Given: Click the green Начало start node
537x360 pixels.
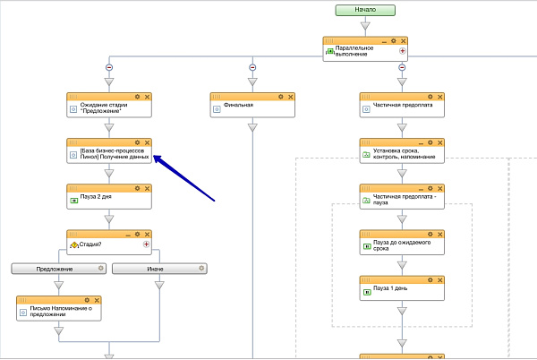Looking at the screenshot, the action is click(x=365, y=10).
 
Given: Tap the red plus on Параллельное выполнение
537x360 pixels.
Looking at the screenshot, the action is click(x=403, y=51).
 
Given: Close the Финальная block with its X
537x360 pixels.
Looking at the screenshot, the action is click(x=290, y=97).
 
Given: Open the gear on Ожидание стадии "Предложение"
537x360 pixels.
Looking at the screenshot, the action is click(x=137, y=97).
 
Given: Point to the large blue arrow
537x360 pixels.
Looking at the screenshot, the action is click(x=183, y=178).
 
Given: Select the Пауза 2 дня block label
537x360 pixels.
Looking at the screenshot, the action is click(x=96, y=197).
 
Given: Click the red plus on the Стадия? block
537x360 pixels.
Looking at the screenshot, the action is click(x=146, y=244).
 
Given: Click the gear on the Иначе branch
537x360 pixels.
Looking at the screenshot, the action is click(x=201, y=268).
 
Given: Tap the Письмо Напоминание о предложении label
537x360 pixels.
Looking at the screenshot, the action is click(x=61, y=311).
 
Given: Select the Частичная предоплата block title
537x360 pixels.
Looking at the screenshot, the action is click(x=403, y=105).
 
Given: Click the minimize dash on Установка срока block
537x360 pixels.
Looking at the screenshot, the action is click(x=421, y=143).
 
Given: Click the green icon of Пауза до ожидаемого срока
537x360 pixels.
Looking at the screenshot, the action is click(x=367, y=246).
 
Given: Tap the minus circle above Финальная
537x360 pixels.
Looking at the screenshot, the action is click(x=252, y=67).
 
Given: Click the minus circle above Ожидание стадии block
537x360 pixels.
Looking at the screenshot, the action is click(x=109, y=67).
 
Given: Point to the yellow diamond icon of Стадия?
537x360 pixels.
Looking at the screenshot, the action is click(x=74, y=244).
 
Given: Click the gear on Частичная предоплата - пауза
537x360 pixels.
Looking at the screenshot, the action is click(x=430, y=188).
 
